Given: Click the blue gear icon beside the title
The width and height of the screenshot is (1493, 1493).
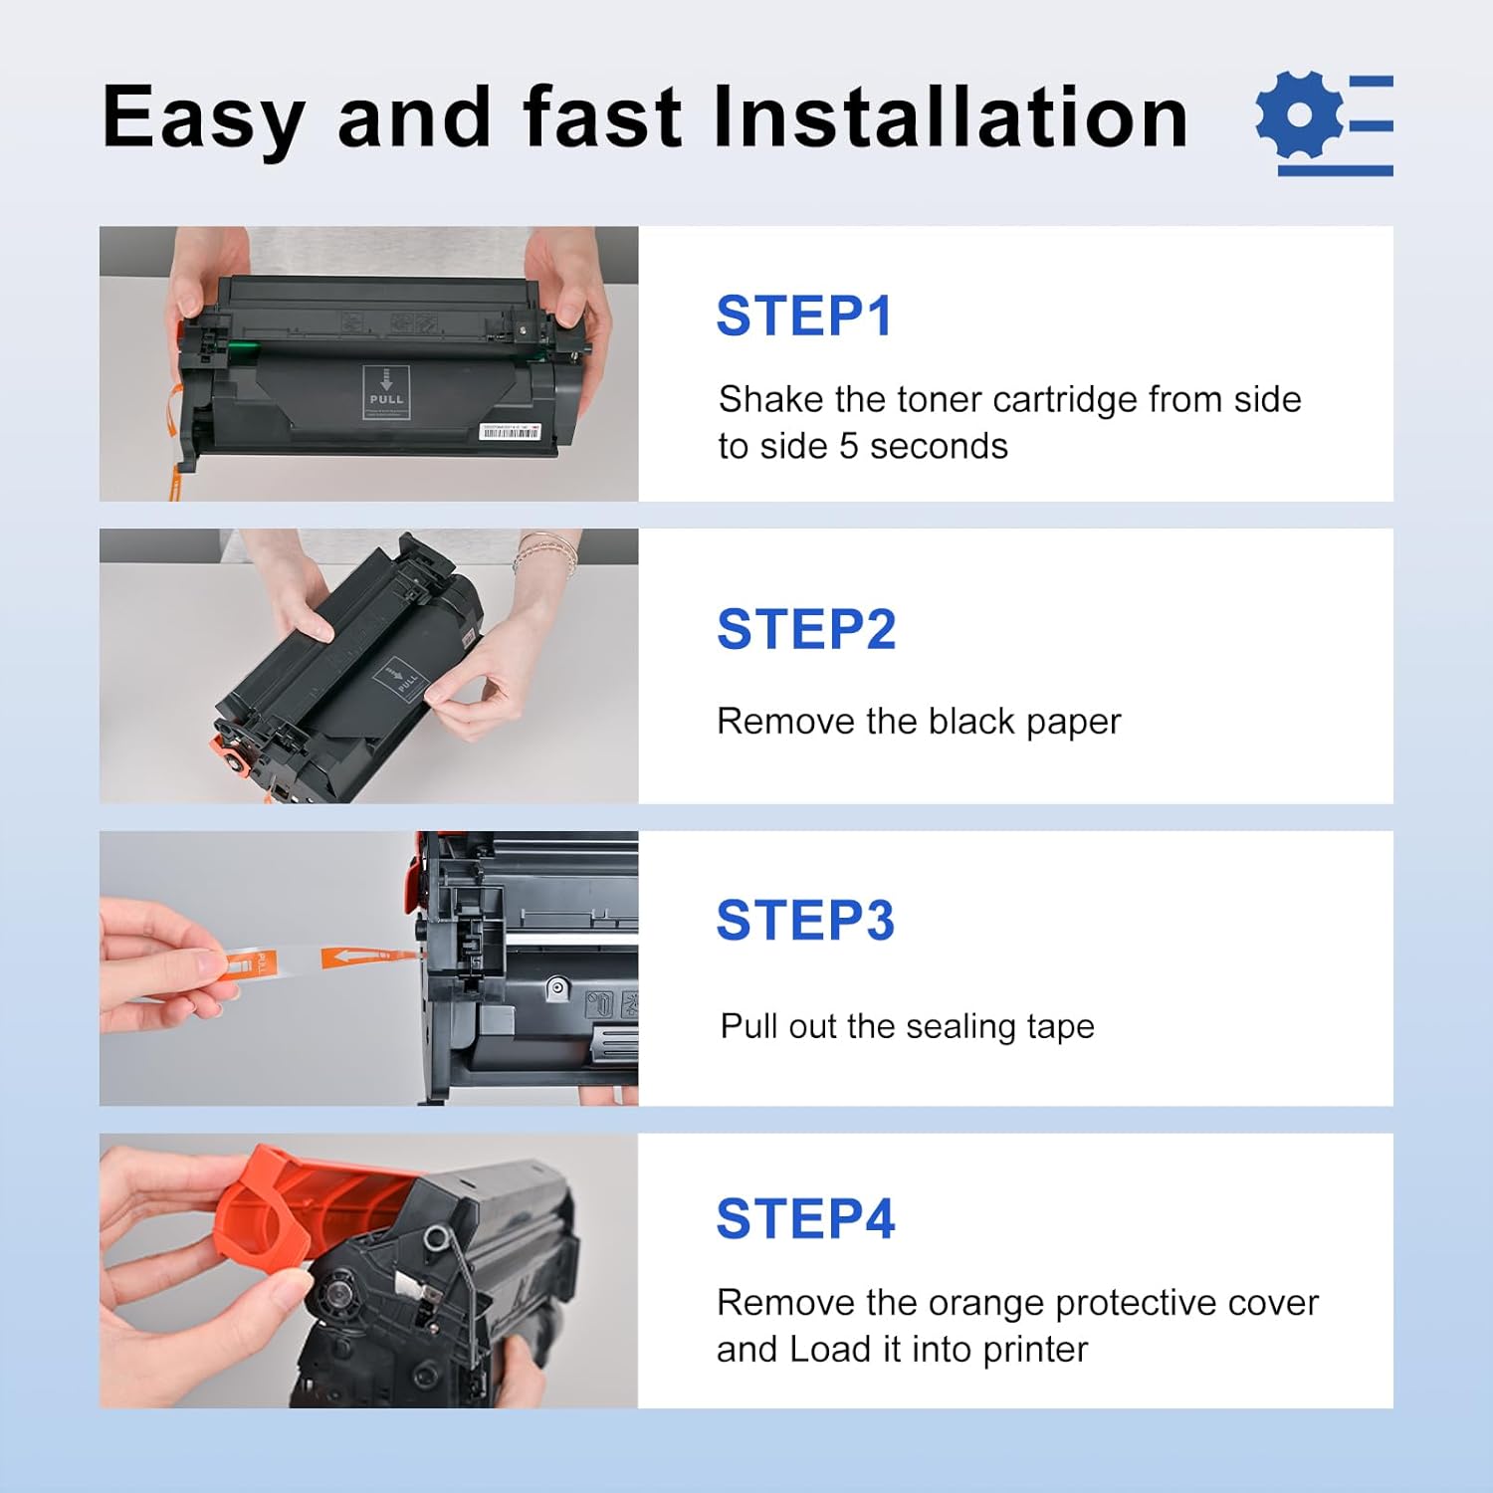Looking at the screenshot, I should tap(1300, 115).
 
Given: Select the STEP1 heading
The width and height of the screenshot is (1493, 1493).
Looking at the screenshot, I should tap(803, 317).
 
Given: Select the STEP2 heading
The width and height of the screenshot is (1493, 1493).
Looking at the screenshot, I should tap(805, 629).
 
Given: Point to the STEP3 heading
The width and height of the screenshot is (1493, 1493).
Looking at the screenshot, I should tap(805, 920).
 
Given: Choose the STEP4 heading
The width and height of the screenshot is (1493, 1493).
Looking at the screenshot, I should tap(805, 1218).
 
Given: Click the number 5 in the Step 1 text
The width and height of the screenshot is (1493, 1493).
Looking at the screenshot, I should tap(848, 447).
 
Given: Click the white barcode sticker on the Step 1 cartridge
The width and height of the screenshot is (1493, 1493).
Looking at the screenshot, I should tap(510, 431).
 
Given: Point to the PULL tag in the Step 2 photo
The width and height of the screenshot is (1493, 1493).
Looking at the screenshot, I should tap(402, 679).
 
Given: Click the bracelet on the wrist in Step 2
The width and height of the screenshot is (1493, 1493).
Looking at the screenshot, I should tap(548, 552).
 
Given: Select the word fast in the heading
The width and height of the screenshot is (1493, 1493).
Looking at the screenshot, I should tap(601, 117).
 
